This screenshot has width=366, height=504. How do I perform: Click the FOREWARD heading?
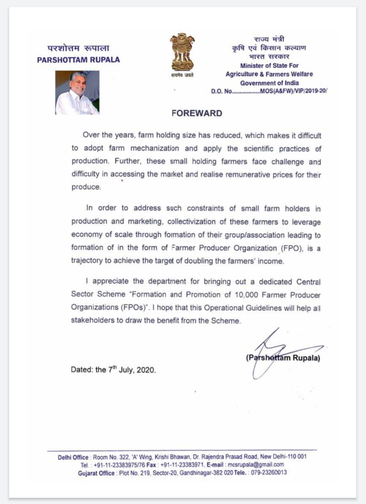click(x=197, y=113)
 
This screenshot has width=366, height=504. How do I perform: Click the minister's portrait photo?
click(x=77, y=92)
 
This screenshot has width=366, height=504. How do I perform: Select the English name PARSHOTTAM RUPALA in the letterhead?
click(x=79, y=60)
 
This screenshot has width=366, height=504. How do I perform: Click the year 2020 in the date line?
click(x=146, y=370)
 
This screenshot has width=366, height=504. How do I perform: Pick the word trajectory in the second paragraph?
click(x=87, y=260)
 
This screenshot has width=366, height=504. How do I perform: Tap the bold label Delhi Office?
click(x=73, y=457)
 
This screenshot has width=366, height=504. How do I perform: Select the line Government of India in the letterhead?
click(x=269, y=83)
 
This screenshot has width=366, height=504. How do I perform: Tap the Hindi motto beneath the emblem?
click(x=182, y=75)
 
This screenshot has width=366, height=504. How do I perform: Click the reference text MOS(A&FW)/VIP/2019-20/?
click(x=294, y=91)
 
